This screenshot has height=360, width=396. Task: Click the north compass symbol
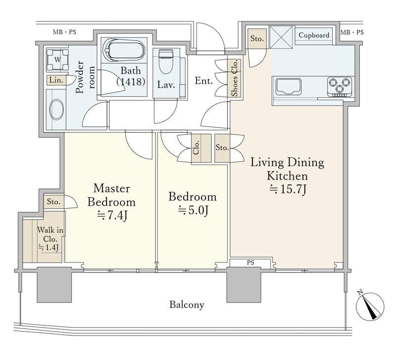(x=370, y=306)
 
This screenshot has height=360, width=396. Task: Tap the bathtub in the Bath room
(x=125, y=50)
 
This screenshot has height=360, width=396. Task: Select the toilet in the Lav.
(x=165, y=61)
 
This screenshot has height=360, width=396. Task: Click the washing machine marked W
(x=57, y=60)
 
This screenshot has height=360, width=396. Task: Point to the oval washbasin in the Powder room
(x=56, y=109)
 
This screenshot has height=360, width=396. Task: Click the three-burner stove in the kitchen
(x=340, y=87)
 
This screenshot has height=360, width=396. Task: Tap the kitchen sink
(x=289, y=87)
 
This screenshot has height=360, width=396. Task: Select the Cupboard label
(x=314, y=35)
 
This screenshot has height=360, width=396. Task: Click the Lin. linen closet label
(x=56, y=80)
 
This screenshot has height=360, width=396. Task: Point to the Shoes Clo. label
(x=235, y=78)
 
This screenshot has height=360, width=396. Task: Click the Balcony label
(x=187, y=305)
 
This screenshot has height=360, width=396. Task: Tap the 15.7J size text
(x=288, y=190)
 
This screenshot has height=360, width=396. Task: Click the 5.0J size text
(x=193, y=210)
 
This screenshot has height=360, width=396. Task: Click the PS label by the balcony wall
(x=250, y=263)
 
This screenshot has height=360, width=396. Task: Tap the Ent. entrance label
(x=204, y=81)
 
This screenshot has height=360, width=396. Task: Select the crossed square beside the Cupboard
(x=281, y=37)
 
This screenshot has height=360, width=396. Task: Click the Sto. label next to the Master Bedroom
(x=53, y=202)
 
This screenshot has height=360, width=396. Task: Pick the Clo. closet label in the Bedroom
(x=196, y=147)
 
